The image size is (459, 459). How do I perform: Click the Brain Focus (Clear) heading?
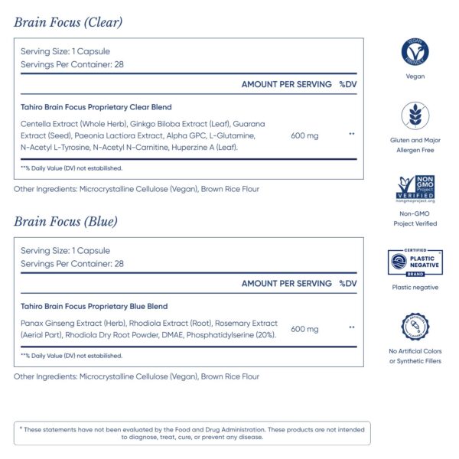[x=68, y=22]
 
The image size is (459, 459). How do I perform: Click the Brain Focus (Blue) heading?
[x=65, y=222]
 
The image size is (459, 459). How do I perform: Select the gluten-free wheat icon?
[x=415, y=117]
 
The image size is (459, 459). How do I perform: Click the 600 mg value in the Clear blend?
[x=304, y=135]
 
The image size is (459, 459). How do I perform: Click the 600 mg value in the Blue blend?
[x=304, y=328]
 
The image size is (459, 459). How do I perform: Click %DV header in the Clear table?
[x=347, y=84]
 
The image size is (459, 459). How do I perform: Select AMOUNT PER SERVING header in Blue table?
[x=286, y=284]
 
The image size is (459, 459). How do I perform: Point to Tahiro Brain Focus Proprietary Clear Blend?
[x=96, y=107]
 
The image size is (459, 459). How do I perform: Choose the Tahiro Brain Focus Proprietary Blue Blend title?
[x=96, y=306]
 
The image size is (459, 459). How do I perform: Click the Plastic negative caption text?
[x=415, y=288]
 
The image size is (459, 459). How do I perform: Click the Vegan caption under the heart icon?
[x=415, y=76]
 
